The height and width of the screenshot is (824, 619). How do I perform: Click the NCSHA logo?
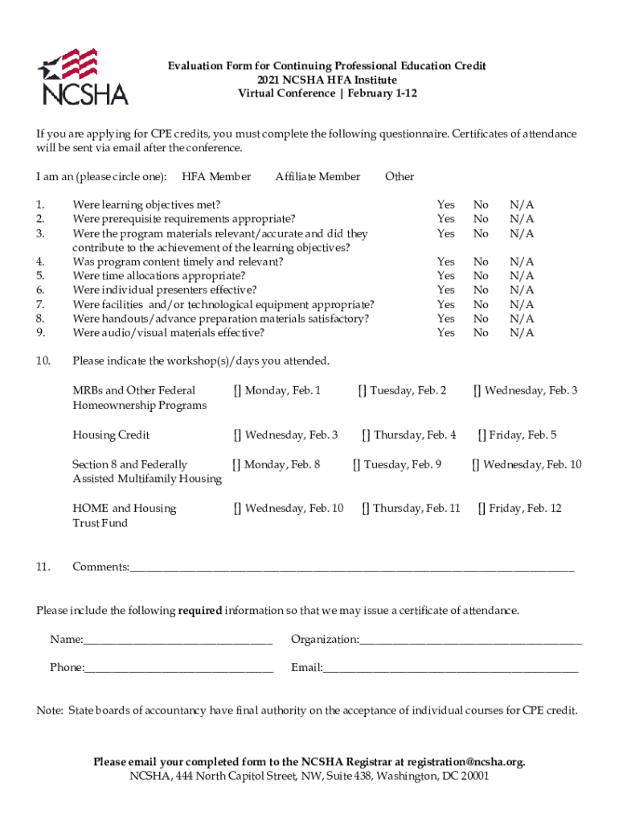[x=83, y=77]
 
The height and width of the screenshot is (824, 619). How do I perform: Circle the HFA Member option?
[x=216, y=176]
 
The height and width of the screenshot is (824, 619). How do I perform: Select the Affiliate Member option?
[x=318, y=176]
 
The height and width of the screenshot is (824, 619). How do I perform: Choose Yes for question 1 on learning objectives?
[x=445, y=204]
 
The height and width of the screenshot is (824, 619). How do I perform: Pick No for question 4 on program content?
[x=481, y=262]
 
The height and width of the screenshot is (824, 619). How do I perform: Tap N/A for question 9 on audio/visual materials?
[x=521, y=332]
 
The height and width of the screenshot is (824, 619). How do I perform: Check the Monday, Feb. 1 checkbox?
[x=238, y=391]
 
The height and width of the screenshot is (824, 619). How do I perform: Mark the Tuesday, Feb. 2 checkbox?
[x=363, y=391]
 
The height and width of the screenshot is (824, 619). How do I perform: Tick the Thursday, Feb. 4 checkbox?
[x=366, y=435]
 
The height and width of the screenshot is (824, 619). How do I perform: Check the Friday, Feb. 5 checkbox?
[x=482, y=435]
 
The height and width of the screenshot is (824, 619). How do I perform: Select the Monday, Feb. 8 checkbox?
[x=236, y=464]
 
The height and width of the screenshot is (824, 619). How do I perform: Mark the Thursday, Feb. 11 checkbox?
[x=366, y=509]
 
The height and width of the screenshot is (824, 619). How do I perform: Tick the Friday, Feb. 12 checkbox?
[x=482, y=509]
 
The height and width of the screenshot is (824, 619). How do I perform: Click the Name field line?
[x=178, y=641]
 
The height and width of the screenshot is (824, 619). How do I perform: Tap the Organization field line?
[x=470, y=641]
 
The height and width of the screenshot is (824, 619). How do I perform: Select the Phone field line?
[x=178, y=669]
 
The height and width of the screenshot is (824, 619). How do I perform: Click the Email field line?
[x=450, y=669]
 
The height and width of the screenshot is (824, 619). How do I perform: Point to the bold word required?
[x=200, y=611]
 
